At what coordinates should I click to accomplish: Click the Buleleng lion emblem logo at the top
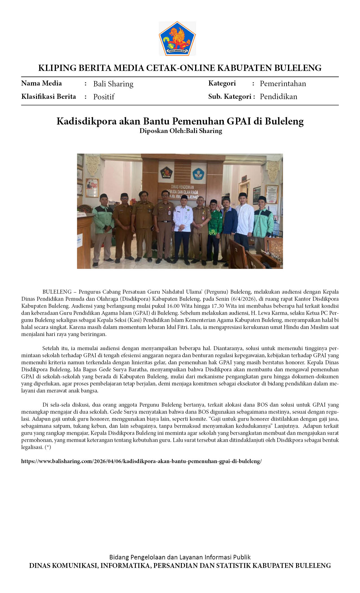[177, 39]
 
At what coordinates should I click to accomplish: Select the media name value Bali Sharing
[113, 84]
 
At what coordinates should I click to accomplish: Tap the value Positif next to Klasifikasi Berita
[104, 97]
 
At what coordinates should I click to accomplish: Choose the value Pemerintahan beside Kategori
[283, 84]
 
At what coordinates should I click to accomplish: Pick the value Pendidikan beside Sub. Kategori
[278, 97]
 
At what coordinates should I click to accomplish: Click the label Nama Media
[42, 83]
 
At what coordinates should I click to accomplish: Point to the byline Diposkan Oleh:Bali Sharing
[180, 131]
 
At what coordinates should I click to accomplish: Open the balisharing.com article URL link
[141, 461]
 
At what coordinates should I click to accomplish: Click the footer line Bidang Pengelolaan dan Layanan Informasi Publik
[180, 557]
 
